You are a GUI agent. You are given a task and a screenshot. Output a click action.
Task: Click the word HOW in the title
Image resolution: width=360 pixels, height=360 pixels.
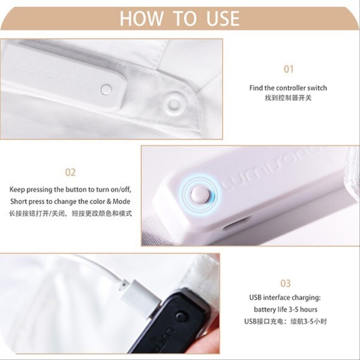coord(142,19)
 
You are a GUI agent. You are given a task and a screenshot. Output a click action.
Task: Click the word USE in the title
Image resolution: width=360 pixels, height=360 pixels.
coord(223,19)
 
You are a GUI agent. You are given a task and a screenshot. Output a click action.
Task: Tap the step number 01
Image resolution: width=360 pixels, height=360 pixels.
coord(289,69)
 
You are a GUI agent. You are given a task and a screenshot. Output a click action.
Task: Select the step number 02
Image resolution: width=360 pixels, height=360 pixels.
coord(70,172)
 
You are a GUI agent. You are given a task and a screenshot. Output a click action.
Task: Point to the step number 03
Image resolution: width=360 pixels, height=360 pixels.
coord(286,284)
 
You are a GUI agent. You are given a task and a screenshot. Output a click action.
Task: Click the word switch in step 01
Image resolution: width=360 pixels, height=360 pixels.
coord(317,88)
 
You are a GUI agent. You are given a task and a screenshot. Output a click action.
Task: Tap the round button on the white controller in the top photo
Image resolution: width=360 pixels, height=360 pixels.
coord(106,89)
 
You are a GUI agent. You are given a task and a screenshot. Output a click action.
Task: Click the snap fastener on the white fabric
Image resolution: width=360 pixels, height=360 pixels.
coord(174,104)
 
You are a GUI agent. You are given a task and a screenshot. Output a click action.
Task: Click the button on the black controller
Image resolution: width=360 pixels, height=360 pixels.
coord(181,317)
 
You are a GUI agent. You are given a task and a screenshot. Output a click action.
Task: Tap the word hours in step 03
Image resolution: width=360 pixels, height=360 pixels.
coord(308,310)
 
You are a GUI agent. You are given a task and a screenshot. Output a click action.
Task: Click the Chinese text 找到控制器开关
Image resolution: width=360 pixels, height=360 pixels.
coord(288,98)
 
